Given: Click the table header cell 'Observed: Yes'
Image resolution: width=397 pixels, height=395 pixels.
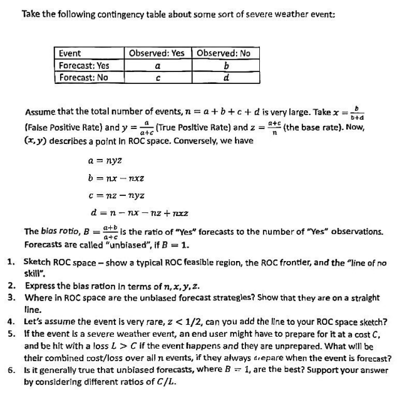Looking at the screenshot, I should (x=157, y=53).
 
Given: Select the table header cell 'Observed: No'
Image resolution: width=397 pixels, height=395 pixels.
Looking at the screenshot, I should (x=223, y=53).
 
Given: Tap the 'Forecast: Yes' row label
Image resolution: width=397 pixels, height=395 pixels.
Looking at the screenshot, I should (x=84, y=65).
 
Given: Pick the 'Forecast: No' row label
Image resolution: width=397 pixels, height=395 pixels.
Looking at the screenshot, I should (x=83, y=78).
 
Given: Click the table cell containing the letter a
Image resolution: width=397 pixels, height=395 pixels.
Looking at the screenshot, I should (x=157, y=65).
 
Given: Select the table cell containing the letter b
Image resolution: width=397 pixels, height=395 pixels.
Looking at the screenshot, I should (x=224, y=65).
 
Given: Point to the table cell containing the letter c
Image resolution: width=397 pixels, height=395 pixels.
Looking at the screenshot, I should (x=157, y=78).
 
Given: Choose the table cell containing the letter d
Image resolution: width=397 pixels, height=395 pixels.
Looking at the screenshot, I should (x=224, y=78).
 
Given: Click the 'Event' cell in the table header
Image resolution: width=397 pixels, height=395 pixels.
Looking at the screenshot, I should (x=69, y=53).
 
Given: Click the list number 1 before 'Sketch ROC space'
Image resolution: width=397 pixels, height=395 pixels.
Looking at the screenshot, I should (x=11, y=259).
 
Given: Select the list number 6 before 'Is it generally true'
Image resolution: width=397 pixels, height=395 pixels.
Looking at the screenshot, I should (x=11, y=369).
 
